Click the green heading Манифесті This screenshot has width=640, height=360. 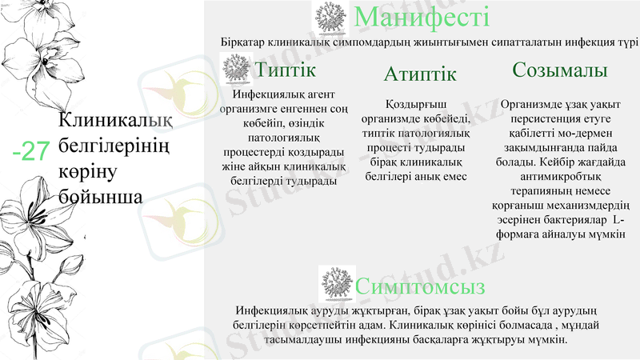(421, 17)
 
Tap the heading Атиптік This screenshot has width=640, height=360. (419, 74)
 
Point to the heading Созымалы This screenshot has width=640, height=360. (559, 70)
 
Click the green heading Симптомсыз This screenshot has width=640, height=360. (421, 286)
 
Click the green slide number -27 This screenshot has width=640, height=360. (32, 150)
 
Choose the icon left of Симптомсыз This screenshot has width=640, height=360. (336, 282)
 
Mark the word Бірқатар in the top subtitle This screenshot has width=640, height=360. (244, 42)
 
